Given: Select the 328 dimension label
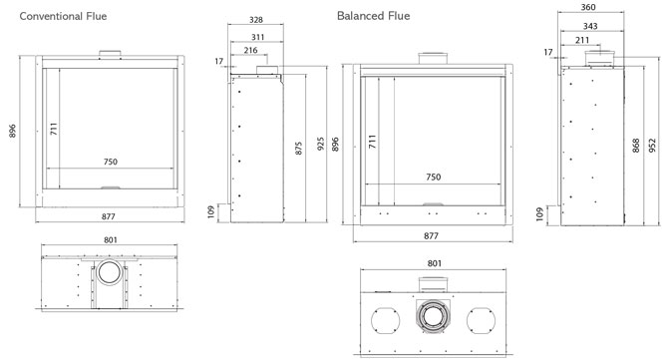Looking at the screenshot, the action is [x=256, y=20].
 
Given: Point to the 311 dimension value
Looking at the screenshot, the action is [x=258, y=37].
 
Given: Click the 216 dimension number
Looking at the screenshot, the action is [x=250, y=50].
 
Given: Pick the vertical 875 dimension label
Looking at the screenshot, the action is [x=299, y=149].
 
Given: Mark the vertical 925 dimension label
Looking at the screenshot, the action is [x=321, y=144].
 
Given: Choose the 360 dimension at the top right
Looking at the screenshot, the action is [x=588, y=7].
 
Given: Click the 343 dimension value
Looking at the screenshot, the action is [x=590, y=26].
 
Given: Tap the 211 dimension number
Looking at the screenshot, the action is [x=582, y=40].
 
